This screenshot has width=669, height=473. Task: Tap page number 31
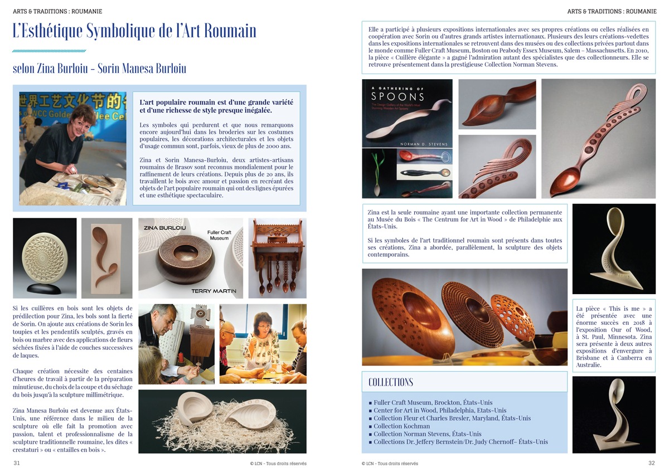(x=17, y=463)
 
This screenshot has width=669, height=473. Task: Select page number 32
(x=652, y=463)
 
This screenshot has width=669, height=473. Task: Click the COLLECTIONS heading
(x=391, y=382)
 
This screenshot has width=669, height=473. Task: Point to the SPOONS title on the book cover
(x=397, y=97)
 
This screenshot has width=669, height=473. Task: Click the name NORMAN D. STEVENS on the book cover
(x=424, y=144)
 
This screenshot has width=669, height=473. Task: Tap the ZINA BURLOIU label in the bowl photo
(x=165, y=228)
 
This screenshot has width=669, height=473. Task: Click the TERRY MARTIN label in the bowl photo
(x=214, y=291)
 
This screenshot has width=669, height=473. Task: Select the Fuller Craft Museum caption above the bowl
(x=219, y=235)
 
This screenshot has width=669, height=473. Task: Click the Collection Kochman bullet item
(x=401, y=426)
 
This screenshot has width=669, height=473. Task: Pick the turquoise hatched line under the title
(x=49, y=51)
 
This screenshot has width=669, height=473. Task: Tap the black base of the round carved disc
(x=45, y=288)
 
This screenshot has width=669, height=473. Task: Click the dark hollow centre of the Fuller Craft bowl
(x=186, y=252)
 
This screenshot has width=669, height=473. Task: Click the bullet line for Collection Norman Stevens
(x=425, y=434)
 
